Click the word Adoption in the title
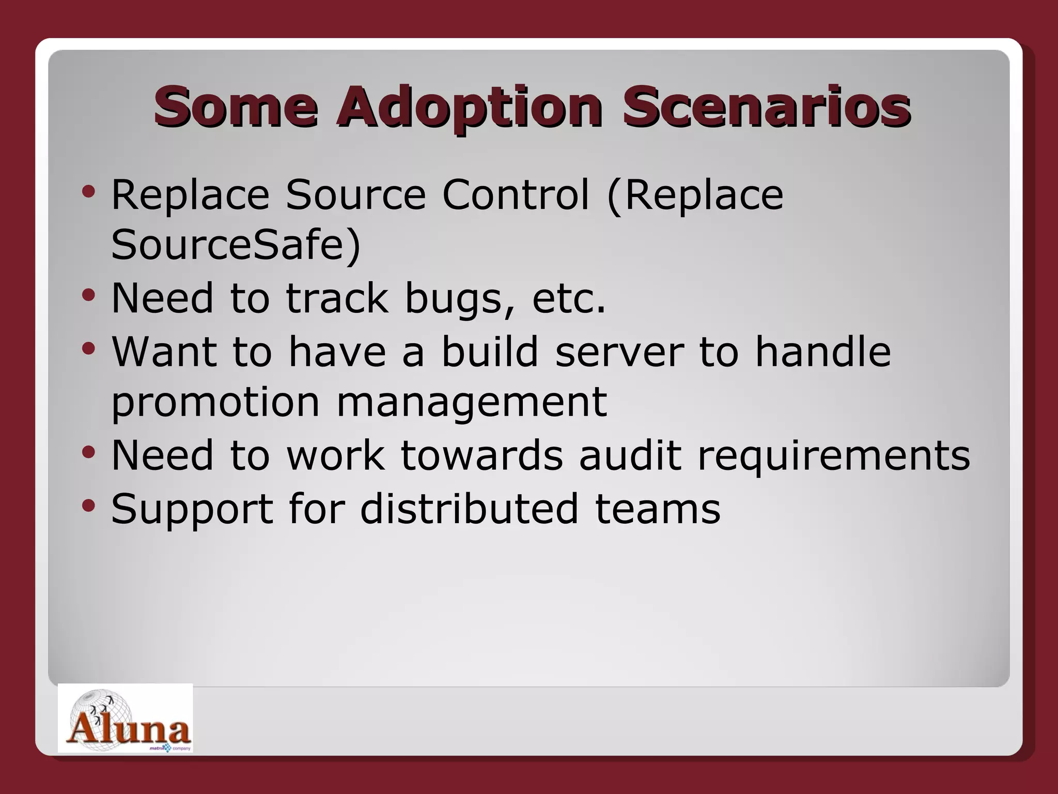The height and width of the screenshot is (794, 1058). (x=469, y=108)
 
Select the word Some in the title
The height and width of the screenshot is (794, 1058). (x=236, y=108)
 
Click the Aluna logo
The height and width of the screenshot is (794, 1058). (x=125, y=719)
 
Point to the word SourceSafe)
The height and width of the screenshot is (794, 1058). (x=236, y=245)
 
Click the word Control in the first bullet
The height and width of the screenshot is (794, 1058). (x=515, y=195)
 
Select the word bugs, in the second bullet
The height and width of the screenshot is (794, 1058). (x=460, y=300)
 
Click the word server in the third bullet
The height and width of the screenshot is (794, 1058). (x=619, y=352)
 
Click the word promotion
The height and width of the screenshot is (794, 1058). (x=215, y=404)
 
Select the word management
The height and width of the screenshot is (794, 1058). (x=471, y=403)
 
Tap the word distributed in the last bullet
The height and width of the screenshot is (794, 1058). (x=469, y=509)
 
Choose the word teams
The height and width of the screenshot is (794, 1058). (x=657, y=510)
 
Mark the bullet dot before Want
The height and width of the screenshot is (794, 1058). (x=88, y=348)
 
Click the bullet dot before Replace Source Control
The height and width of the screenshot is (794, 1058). (x=88, y=192)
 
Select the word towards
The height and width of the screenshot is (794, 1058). (x=481, y=455)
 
